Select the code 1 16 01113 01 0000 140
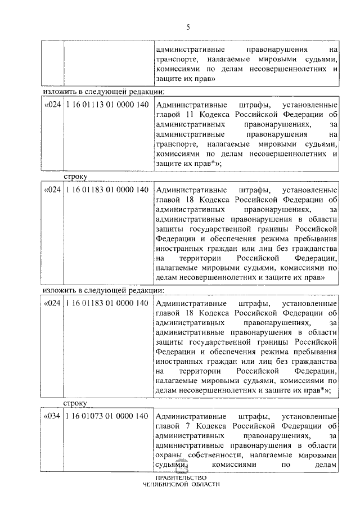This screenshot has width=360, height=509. tap(107, 105)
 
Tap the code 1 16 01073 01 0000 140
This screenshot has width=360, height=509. tap(107, 416)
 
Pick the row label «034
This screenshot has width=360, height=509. tap(52, 416)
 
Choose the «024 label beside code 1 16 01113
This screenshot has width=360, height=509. tap(52, 105)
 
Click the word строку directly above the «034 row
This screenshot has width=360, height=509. tap(74, 404)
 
